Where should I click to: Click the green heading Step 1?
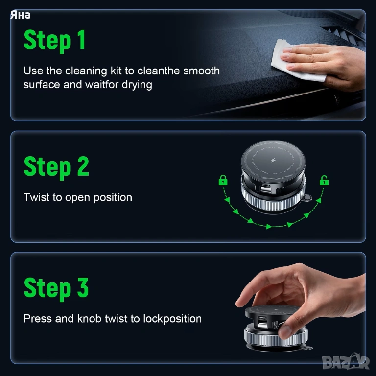point(55,40)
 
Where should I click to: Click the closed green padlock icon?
point(223,180)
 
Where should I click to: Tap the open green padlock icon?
point(324,180)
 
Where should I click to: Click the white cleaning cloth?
point(295,61)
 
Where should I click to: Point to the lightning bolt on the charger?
point(273,160)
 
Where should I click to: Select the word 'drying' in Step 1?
point(137,85)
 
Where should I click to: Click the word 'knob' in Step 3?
point(89,319)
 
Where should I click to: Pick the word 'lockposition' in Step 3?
point(172,319)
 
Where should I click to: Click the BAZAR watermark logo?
point(346,362)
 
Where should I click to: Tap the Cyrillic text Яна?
point(21,15)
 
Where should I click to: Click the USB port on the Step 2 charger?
point(265,189)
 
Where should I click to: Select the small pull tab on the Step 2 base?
point(306,198)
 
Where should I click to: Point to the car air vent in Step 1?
point(344,35)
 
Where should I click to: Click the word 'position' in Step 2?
point(113,198)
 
